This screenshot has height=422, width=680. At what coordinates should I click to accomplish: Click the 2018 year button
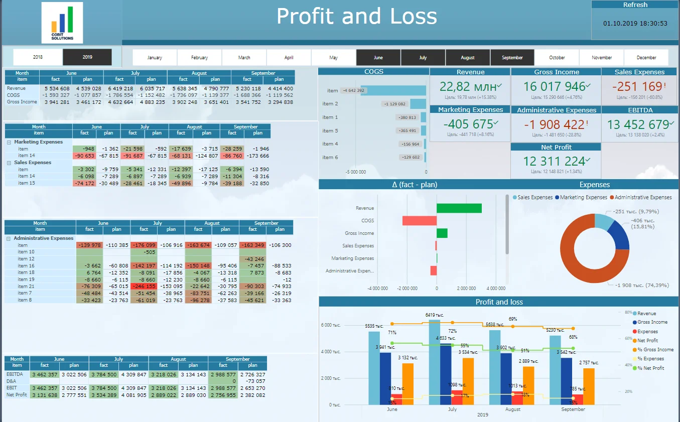(x=38, y=57)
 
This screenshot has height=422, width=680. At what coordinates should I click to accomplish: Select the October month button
(x=557, y=58)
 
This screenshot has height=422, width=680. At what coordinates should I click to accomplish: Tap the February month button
(x=199, y=58)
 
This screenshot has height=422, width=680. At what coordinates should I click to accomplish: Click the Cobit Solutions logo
(x=62, y=23)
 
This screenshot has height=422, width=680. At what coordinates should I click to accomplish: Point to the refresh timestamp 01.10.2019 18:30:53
(x=635, y=23)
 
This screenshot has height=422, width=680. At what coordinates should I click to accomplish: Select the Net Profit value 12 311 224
(x=554, y=162)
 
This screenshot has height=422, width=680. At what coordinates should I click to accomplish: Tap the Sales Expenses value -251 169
(x=637, y=86)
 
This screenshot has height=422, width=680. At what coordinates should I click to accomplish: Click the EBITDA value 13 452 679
(x=637, y=124)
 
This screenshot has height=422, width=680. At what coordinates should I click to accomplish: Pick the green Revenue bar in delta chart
(x=459, y=208)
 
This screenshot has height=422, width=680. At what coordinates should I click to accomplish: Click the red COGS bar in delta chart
(x=419, y=221)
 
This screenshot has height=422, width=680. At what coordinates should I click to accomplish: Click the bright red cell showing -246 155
(x=144, y=287)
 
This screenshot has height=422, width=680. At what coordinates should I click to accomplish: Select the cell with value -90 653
(x=84, y=156)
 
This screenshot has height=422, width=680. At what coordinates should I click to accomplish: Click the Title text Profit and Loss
(x=356, y=17)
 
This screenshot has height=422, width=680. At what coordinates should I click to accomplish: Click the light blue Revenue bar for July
(x=434, y=362)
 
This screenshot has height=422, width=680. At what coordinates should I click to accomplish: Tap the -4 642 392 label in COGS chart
(x=353, y=91)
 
